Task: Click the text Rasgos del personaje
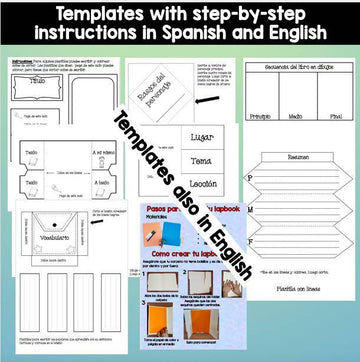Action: pyautogui.click(x=159, y=93)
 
